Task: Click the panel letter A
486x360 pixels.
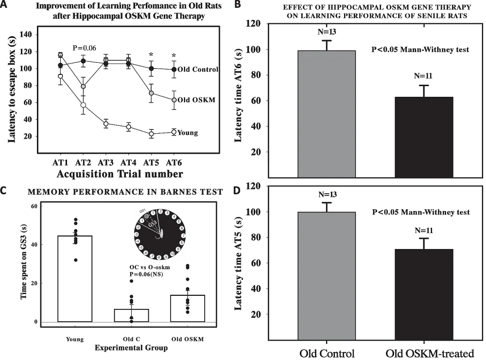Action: point(4,5)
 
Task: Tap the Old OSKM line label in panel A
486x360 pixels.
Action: point(197,101)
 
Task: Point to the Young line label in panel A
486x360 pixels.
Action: point(188,132)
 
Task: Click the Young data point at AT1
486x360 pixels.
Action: point(60,76)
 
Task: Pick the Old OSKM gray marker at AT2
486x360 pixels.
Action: point(83,87)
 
